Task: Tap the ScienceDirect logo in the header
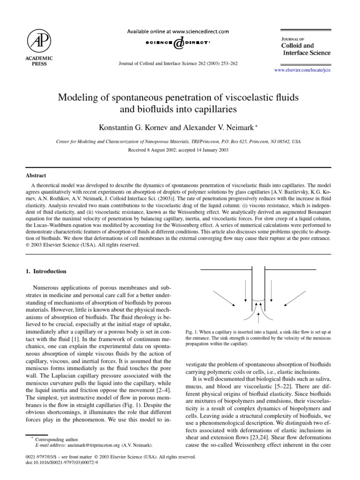click(178, 43)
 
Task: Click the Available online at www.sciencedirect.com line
click(178, 31)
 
